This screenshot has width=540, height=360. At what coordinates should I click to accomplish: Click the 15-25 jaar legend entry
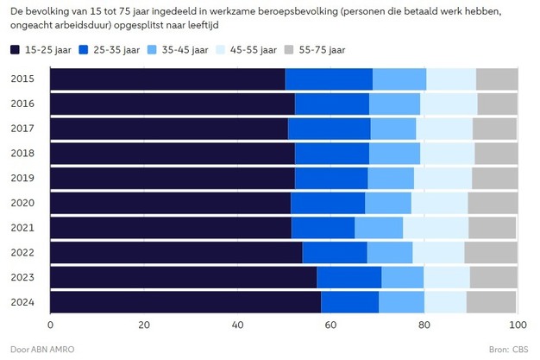42,50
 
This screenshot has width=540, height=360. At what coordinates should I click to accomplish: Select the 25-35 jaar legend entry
116,50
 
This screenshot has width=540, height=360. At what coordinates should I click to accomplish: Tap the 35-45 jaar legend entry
190,50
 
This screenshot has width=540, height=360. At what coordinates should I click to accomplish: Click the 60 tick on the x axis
330,325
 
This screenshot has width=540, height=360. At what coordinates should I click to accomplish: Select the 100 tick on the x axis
517,325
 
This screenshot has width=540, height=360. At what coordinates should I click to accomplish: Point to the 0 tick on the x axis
51,325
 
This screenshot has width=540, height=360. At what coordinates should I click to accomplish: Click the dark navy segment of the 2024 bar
185,303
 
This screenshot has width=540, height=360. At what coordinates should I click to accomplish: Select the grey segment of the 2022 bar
491,253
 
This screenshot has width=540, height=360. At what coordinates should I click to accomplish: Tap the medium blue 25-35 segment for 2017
329,128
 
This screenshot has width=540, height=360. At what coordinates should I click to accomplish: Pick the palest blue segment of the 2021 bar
436,228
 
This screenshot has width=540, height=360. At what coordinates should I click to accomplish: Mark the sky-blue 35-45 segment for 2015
399,78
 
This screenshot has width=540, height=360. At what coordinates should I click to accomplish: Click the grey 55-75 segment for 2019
495,178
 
